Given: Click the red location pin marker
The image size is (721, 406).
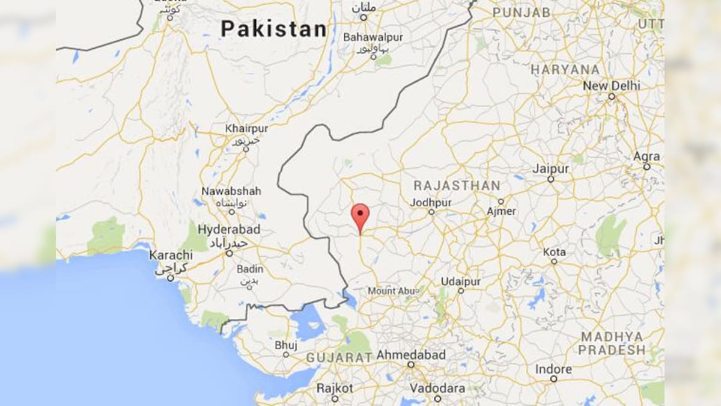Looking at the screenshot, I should click(x=360, y=215).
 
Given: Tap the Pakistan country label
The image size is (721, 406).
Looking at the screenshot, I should click(x=273, y=29).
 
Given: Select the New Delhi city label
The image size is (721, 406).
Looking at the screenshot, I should click(x=612, y=86).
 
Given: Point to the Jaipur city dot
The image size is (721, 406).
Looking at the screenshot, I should click(x=550, y=179).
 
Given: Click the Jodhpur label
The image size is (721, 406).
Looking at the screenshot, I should click(x=431, y=203).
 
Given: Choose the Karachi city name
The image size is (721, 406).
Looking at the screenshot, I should click(x=171, y=255).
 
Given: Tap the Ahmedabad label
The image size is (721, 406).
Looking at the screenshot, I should click(x=411, y=355).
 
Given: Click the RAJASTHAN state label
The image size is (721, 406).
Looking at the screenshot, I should click(x=457, y=185).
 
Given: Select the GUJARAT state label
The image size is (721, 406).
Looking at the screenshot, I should click(x=339, y=358).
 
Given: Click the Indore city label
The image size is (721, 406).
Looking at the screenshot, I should click(x=553, y=368).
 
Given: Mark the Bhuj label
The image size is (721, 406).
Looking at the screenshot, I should click(x=286, y=345).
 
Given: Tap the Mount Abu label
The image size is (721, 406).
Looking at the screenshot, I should click(x=391, y=291).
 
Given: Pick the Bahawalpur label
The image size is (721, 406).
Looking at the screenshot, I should click(x=373, y=37).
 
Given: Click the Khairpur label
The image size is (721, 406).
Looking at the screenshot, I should click(x=246, y=129).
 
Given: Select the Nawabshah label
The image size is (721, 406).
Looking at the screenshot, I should click(x=231, y=191).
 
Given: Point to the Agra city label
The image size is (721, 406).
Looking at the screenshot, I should click(x=646, y=156).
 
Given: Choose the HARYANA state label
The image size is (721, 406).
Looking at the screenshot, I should click(x=565, y=70).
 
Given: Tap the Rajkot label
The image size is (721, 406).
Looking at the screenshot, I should click(x=335, y=388).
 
